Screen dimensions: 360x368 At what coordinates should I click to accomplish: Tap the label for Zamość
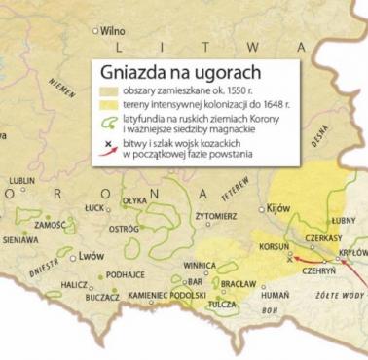(x=49, y=224)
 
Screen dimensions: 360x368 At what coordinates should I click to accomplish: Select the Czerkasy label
(x=322, y=237)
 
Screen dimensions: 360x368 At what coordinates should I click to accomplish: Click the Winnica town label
(x=200, y=264)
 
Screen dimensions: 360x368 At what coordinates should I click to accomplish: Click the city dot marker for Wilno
(x=98, y=30)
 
